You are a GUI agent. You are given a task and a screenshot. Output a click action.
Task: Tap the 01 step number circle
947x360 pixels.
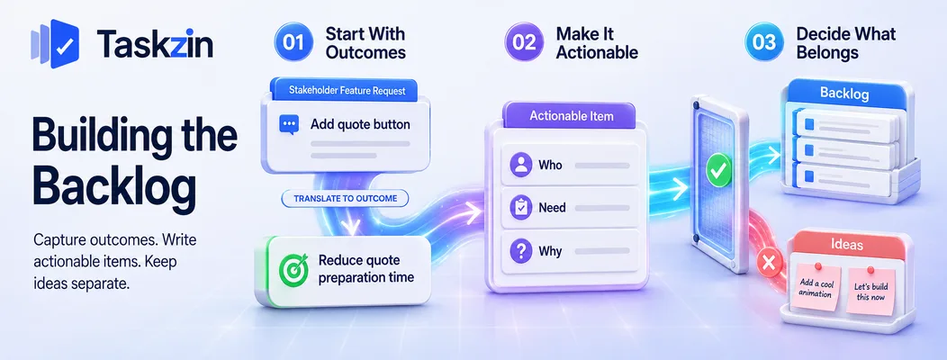[293, 42]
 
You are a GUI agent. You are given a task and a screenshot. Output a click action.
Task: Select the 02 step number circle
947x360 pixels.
[524, 42]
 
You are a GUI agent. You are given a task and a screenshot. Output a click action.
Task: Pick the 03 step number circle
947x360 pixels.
[764, 42]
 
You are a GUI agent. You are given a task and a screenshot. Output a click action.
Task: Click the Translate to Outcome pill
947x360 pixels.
[345, 199]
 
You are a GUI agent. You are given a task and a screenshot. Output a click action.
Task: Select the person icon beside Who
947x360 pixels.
[520, 165]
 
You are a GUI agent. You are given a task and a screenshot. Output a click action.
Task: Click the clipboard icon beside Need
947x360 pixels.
[520, 207]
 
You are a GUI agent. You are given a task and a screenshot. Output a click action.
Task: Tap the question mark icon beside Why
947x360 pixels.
[520, 250]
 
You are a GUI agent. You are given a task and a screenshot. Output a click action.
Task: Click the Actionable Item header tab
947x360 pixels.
[572, 115]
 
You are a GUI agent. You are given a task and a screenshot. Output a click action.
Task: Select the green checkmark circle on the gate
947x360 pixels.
[718, 170]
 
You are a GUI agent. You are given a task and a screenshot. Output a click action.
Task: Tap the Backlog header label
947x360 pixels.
[843, 94]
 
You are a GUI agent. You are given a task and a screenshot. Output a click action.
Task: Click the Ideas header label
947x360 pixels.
[846, 245]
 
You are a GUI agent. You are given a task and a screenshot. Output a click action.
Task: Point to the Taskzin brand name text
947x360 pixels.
[155, 44]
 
